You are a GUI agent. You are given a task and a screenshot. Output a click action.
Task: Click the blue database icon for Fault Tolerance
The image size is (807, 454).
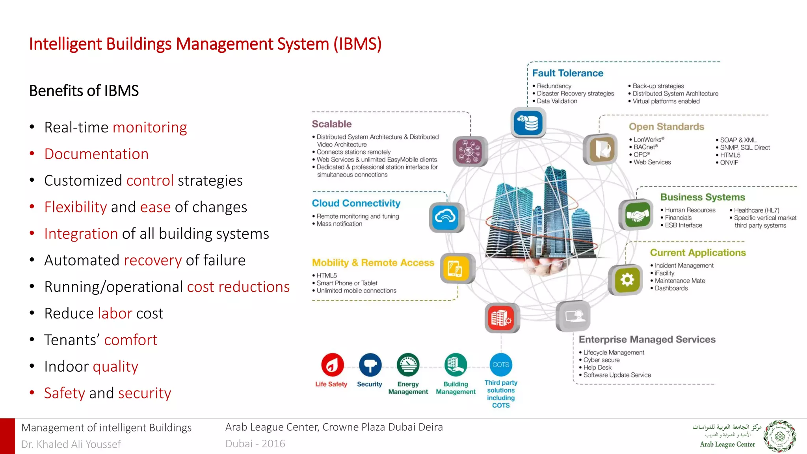528,123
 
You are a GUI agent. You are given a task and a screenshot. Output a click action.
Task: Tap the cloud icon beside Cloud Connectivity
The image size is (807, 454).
446,217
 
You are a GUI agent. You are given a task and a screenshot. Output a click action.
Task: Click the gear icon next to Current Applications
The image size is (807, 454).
627,280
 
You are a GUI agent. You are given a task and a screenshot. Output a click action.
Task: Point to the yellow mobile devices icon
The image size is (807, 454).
456,269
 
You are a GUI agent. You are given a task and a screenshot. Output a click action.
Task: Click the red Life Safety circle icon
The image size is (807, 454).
332,365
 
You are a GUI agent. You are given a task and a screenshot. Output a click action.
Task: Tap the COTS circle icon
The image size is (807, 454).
501,365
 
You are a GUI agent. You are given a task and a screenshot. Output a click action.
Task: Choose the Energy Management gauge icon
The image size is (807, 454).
408,365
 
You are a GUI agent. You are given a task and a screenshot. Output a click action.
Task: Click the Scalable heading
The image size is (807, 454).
331,124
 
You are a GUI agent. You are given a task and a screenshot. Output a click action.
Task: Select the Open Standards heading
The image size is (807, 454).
666,127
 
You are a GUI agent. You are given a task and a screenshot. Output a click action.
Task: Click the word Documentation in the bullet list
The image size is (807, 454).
96,154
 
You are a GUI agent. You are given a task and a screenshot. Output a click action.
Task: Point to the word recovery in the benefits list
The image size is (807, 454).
153,260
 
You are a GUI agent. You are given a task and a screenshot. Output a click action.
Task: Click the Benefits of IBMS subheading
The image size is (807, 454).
84,91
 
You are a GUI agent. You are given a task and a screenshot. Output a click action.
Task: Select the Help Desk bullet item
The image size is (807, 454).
597,367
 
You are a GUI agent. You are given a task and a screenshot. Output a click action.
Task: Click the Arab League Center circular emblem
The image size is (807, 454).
779,436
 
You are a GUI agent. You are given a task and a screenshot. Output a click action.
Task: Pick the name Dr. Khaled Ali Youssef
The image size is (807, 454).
71,444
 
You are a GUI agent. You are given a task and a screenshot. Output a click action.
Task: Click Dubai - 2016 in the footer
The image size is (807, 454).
255,444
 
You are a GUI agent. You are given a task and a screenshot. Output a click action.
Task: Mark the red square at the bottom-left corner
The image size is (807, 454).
7,436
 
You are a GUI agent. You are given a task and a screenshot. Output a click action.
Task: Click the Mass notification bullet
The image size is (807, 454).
339,224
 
